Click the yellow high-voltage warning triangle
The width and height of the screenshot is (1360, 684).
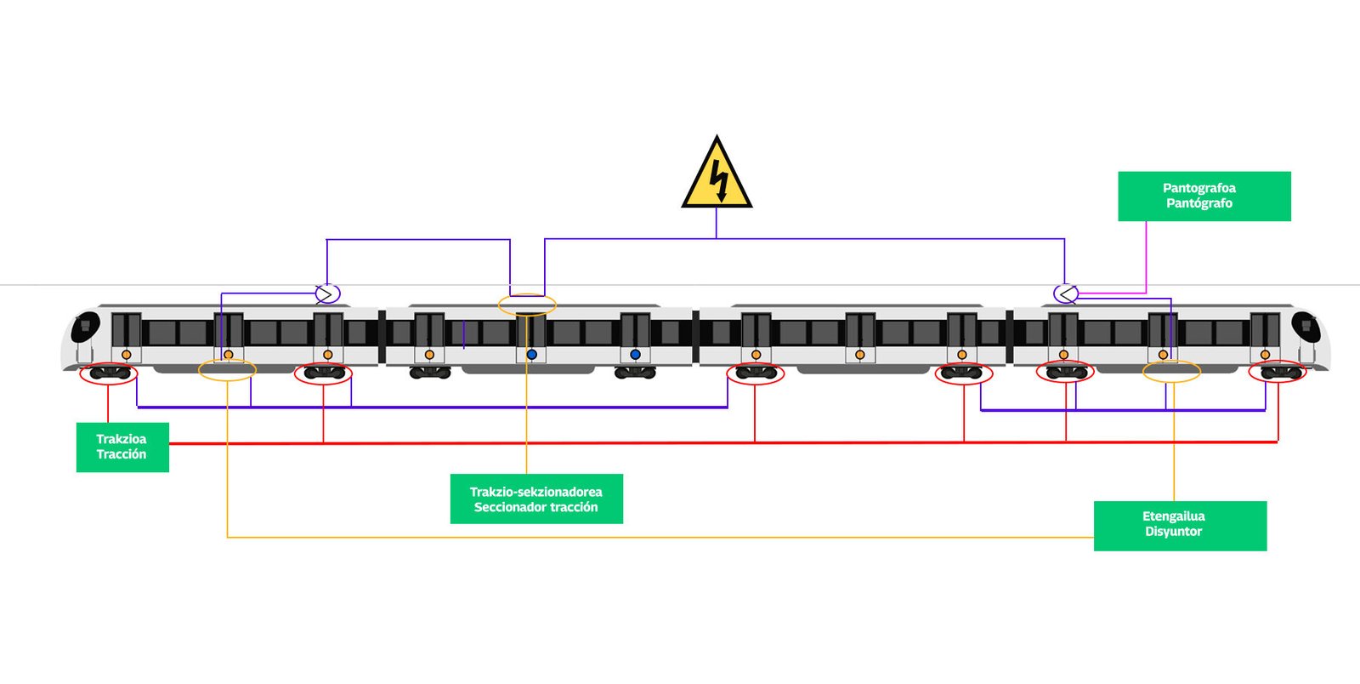pyautogui.click(x=717, y=176)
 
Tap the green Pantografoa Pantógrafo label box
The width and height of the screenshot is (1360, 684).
pyautogui.click(x=1204, y=197)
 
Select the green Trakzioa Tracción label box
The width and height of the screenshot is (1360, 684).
pyautogui.click(x=122, y=447)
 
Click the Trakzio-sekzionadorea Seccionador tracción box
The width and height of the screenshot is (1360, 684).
pyautogui.click(x=536, y=499)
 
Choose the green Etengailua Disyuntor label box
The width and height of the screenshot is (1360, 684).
pyautogui.click(x=1180, y=526)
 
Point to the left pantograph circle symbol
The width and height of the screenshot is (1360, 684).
pyautogui.click(x=328, y=294)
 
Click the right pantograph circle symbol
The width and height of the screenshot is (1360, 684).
pyautogui.click(x=1066, y=294)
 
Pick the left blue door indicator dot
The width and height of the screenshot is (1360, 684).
pyautogui.click(x=532, y=354)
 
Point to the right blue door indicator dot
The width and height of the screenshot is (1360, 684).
pyautogui.click(x=635, y=354)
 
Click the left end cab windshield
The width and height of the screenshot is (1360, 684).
pyautogui.click(x=85, y=327)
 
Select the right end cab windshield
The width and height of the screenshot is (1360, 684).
pyautogui.click(x=1306, y=327)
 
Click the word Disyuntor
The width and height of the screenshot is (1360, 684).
pyautogui.click(x=1174, y=532)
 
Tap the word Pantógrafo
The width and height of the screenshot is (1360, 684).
pyautogui.click(x=1199, y=202)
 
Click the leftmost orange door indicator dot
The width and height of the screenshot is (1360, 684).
pyautogui.click(x=127, y=354)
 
